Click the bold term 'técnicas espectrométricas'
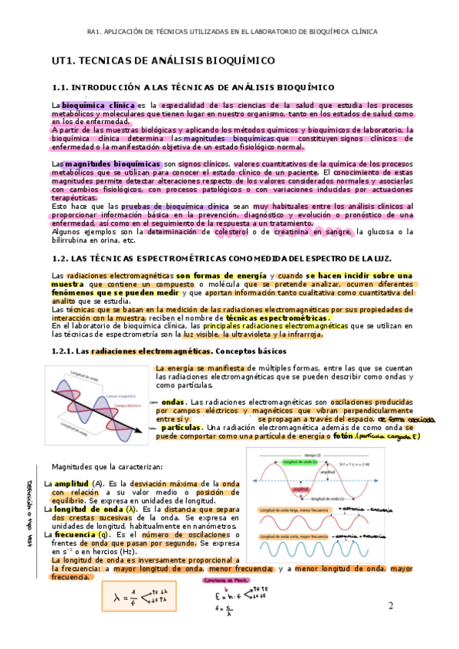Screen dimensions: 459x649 click(x=284, y=318)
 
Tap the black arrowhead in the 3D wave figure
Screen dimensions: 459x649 click(x=139, y=432)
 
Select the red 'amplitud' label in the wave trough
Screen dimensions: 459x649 click(x=300, y=487)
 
